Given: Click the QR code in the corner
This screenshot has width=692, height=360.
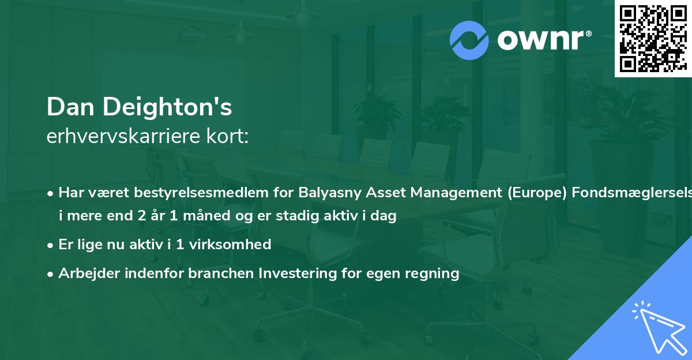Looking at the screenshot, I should (x=653, y=39).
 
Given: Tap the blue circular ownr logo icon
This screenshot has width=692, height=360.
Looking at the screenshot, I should (x=469, y=40).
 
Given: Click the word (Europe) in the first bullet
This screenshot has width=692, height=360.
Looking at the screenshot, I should (x=530, y=193).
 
